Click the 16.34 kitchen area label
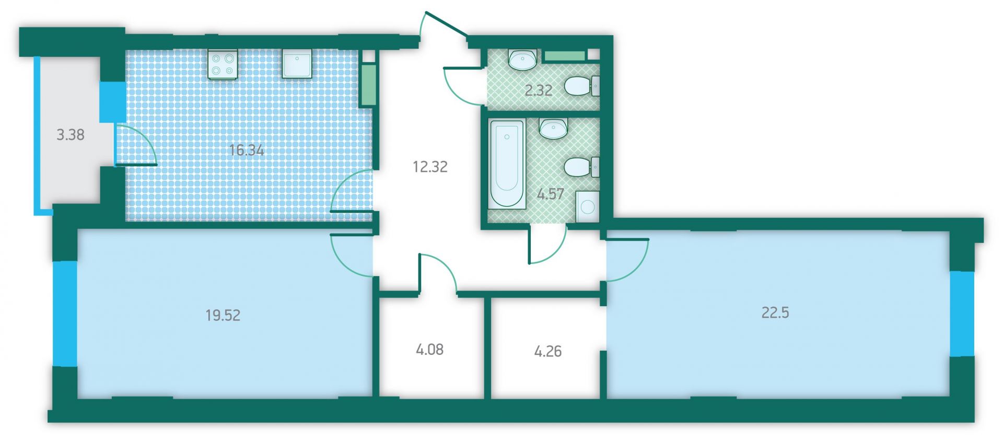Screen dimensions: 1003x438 click(x=247, y=151)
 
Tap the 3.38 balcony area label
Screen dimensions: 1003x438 click(x=71, y=135)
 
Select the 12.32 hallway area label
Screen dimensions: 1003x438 click(x=430, y=167)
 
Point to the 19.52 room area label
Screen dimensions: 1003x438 click(x=223, y=315)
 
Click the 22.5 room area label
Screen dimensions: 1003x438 click(x=775, y=313)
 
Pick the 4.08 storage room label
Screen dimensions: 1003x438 click(x=430, y=349)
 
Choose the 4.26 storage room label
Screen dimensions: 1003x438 click(x=548, y=351)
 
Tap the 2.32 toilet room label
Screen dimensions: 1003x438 click(x=539, y=90)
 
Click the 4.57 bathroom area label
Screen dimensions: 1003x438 click(x=551, y=194)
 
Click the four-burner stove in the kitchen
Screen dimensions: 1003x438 click(x=223, y=64)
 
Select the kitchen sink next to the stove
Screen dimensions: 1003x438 click(x=297, y=64)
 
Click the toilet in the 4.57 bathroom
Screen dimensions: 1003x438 click(x=581, y=167)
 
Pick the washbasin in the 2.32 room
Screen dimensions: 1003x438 click(x=522, y=60)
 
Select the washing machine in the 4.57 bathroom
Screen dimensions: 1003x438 click(x=588, y=207)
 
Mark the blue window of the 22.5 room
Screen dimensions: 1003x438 click(x=962, y=314)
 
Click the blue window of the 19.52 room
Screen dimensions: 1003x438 click(x=65, y=314)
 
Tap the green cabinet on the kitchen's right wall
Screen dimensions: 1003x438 click(x=369, y=85)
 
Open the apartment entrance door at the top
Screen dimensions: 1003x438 click(x=446, y=24)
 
